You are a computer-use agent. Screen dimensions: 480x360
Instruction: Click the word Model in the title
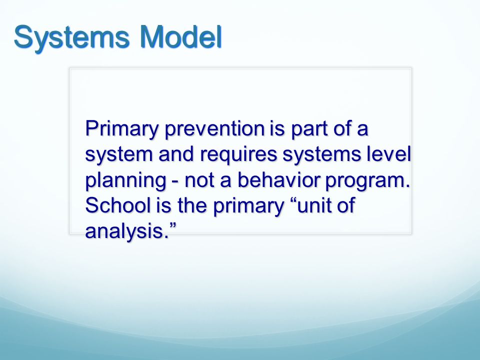click(181, 36)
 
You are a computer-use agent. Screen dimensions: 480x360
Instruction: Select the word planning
click(126, 181)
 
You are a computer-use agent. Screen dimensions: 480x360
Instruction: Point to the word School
click(118, 205)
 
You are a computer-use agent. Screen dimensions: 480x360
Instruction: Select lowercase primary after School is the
click(248, 206)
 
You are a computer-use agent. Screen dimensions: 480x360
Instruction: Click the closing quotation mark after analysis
click(173, 226)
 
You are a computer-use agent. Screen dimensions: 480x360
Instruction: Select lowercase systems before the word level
click(321, 155)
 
